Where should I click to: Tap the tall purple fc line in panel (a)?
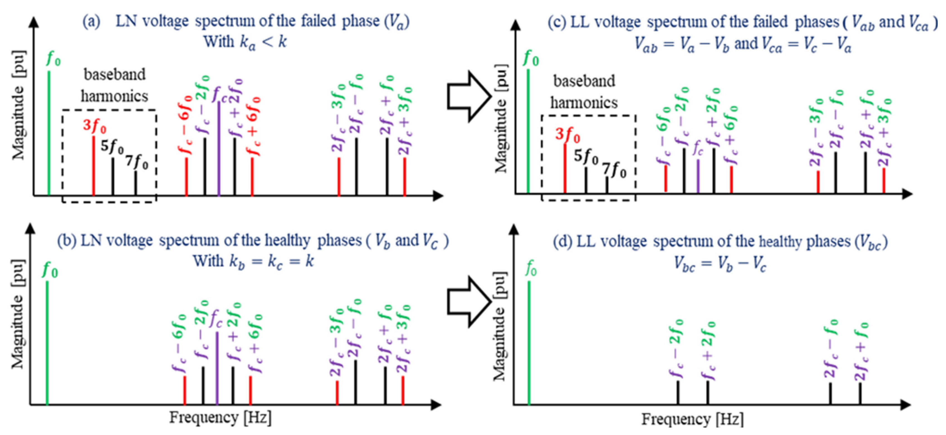coord(219,149)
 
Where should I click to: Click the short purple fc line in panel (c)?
coord(698,176)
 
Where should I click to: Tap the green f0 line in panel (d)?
coord(529,343)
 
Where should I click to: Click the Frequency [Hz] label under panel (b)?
coord(220,418)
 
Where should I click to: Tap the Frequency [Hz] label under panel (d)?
coord(692,419)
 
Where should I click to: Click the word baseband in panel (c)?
coord(584,81)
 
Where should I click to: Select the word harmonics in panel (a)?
coord(114,96)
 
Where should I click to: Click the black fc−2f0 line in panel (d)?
coord(678,392)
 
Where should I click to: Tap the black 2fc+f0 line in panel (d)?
coord(860,393)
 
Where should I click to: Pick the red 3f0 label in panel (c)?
coord(567,135)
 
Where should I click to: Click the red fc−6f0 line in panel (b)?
coord(184,390)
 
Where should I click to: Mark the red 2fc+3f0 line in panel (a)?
coord(405,177)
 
